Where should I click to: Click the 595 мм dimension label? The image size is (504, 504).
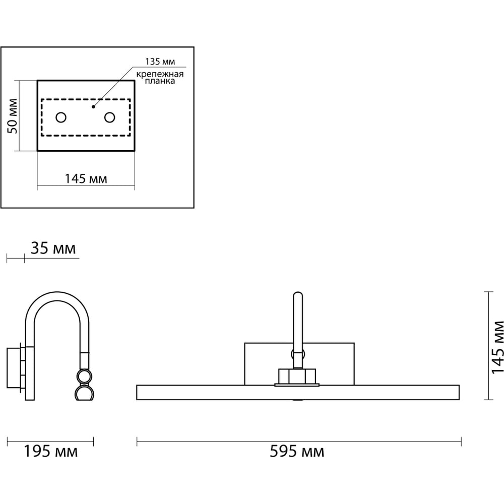[x=297, y=451]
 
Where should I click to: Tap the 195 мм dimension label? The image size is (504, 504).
[x=51, y=451]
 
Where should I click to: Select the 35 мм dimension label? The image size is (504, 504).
[x=53, y=248]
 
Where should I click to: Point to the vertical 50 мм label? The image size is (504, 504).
[x=13, y=116]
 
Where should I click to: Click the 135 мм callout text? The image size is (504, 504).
[x=160, y=61]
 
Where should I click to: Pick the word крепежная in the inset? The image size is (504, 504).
[x=160, y=74]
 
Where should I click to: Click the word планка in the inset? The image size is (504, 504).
[x=160, y=81]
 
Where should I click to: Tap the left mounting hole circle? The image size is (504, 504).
[x=61, y=117]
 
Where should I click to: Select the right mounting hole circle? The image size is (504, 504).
[x=109, y=117]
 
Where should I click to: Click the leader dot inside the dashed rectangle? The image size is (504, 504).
[x=93, y=107]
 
